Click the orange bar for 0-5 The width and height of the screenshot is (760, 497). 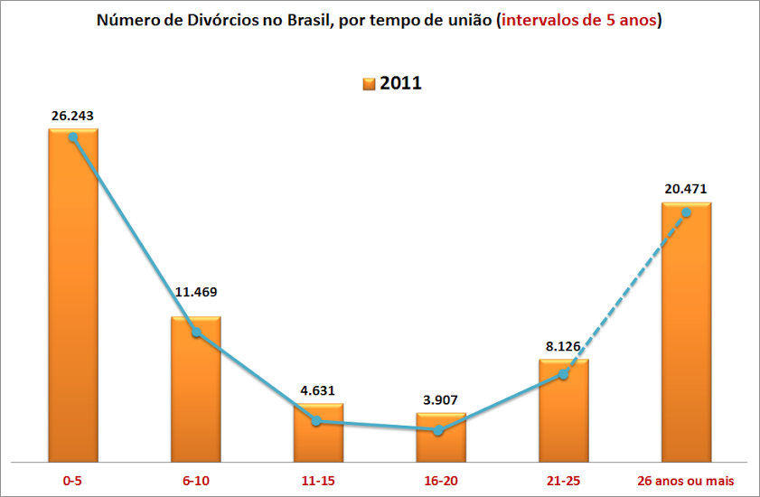[73, 298]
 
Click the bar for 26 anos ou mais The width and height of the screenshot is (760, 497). [686, 334]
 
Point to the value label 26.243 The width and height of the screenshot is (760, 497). [73, 116]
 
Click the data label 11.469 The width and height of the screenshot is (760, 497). [195, 292]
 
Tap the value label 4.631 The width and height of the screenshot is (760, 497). [317, 390]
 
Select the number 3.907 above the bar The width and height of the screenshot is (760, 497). [440, 399]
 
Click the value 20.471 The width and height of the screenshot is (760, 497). [685, 189]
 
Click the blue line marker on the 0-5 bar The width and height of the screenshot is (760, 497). [73, 137]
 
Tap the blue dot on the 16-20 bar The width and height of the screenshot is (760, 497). [439, 430]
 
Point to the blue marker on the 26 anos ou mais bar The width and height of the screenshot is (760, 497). [686, 212]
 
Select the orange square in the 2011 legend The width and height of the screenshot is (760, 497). [369, 84]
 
